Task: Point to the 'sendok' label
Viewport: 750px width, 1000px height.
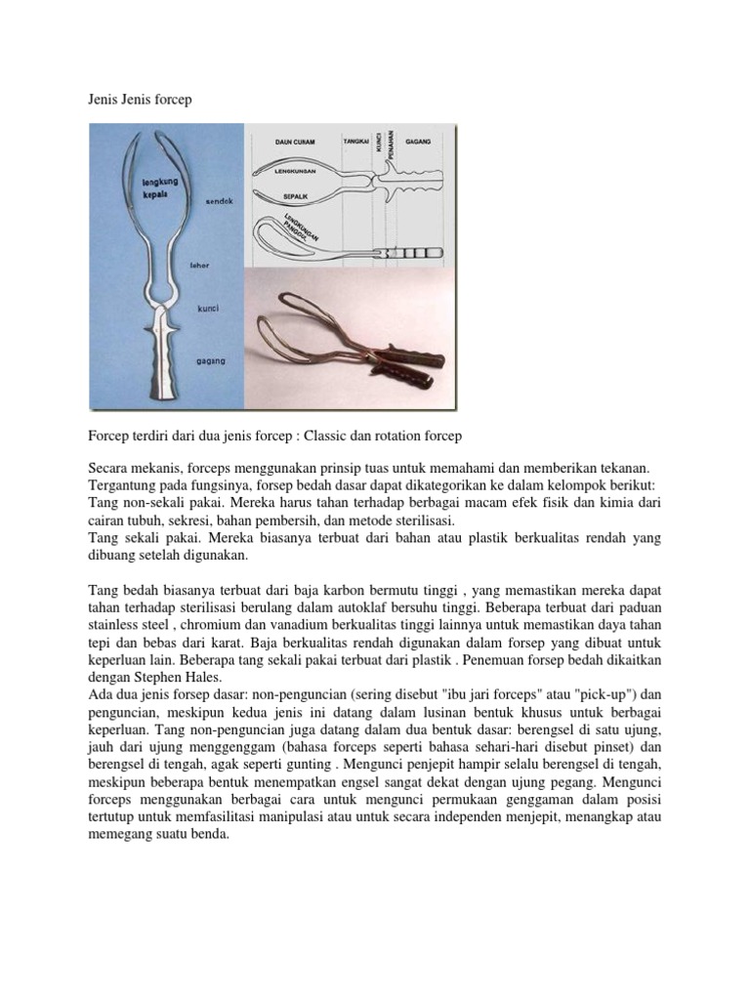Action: point(221,201)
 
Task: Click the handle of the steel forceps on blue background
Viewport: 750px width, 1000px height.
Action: point(164,356)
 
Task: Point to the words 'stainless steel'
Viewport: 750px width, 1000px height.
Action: point(127,626)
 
